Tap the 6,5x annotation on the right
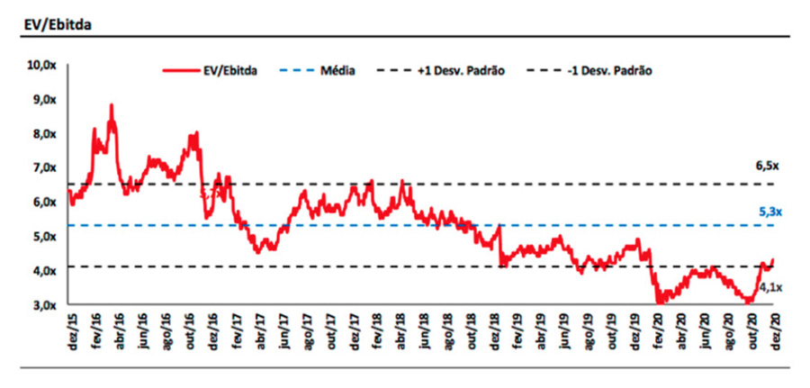[768, 167]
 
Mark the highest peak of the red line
[111, 105]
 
